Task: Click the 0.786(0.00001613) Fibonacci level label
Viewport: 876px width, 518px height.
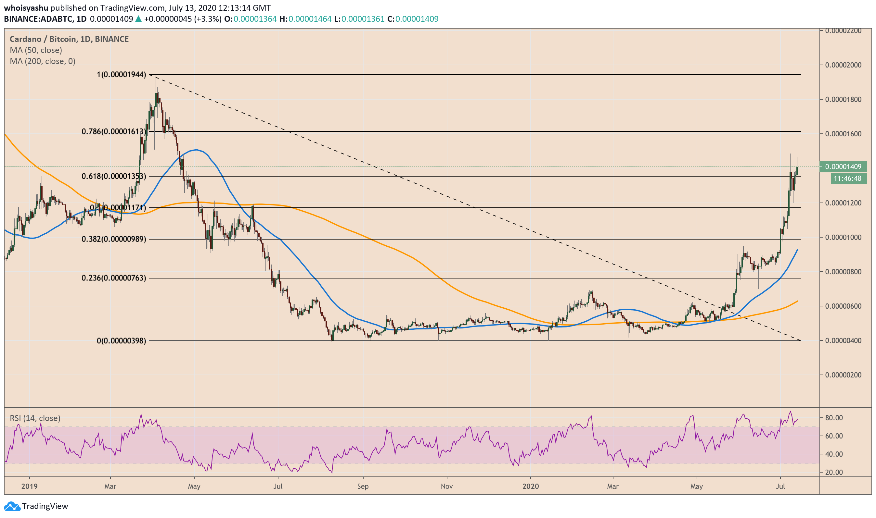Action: point(114,131)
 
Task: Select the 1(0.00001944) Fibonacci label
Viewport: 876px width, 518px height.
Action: point(122,74)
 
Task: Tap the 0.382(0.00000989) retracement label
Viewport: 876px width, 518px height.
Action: point(114,239)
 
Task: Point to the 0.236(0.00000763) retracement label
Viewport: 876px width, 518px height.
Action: point(114,278)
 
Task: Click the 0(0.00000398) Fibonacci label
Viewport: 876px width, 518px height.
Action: point(122,341)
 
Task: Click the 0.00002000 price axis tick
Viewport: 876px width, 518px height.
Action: point(843,65)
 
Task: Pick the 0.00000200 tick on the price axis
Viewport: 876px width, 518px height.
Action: point(843,375)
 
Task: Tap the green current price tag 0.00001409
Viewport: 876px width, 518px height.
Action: point(843,167)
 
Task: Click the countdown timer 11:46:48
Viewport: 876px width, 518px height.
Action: point(847,179)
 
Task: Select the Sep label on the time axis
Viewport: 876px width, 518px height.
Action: point(363,487)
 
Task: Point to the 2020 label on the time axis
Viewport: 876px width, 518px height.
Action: point(530,487)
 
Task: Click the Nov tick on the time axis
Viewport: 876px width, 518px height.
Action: point(446,487)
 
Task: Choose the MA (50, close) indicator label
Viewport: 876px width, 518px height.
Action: point(36,50)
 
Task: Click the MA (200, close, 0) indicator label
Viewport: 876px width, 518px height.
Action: point(43,61)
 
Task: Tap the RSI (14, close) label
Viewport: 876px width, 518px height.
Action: point(35,418)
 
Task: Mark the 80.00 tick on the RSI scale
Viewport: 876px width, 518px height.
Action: point(834,418)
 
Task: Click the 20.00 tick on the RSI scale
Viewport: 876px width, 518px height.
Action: point(834,473)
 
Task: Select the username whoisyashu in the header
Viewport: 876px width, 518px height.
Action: point(26,8)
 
